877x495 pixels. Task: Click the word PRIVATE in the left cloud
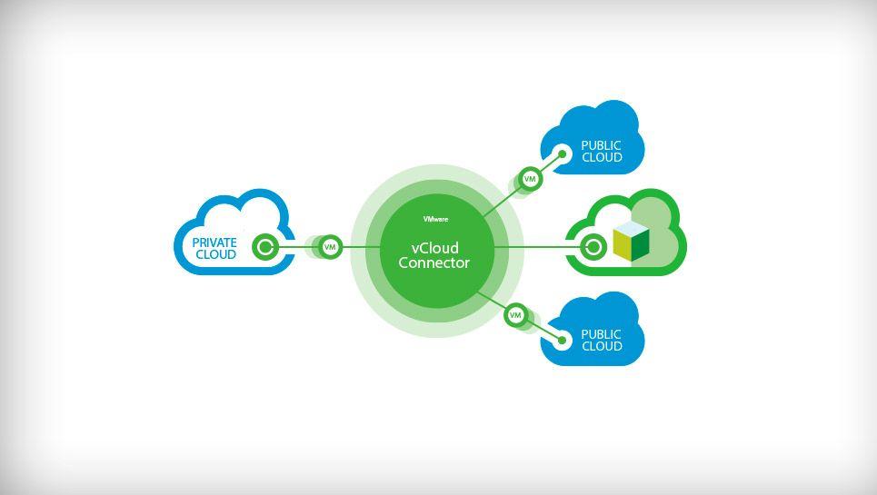point(214,243)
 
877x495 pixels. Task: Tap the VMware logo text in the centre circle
point(435,219)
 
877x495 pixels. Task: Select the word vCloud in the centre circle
point(435,248)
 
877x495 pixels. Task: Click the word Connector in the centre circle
point(434,263)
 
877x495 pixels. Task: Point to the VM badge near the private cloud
point(331,246)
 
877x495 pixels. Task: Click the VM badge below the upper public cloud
point(531,179)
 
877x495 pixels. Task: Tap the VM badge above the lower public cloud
point(515,315)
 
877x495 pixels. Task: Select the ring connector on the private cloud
point(264,246)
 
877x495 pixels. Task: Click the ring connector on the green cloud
point(594,246)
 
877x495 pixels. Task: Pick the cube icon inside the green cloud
point(631,241)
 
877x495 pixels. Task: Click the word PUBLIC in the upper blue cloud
point(602,145)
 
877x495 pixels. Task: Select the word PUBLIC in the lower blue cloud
point(602,334)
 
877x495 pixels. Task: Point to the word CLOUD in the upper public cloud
point(602,158)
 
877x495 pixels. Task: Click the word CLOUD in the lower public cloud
point(602,347)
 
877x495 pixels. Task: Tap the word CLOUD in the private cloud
point(215,255)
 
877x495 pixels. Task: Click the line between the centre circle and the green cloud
point(536,246)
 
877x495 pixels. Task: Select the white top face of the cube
point(630,227)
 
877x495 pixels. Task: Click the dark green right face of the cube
point(640,244)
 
